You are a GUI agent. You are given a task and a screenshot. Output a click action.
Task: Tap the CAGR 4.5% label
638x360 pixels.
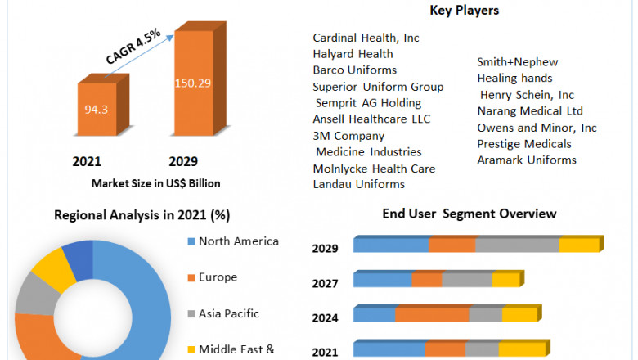click(x=134, y=47)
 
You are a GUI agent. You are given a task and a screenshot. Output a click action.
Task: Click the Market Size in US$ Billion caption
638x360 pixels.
click(x=156, y=183)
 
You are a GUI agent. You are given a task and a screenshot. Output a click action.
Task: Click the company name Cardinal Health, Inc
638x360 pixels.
click(x=366, y=38)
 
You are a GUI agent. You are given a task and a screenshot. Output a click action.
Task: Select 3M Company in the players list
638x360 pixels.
click(x=348, y=136)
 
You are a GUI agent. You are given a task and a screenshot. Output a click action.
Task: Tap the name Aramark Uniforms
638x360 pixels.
click(x=527, y=160)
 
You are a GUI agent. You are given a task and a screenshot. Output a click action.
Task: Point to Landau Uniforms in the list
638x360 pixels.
click(x=358, y=184)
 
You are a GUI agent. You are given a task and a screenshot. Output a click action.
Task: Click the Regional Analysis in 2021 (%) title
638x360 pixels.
click(x=142, y=216)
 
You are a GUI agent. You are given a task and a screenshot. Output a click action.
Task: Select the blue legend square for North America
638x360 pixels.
click(x=191, y=241)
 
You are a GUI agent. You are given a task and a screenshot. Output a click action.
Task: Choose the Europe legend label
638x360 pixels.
click(x=217, y=277)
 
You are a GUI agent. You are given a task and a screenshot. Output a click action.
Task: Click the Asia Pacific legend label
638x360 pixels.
click(x=228, y=313)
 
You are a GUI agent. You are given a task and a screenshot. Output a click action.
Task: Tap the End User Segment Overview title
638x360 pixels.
click(x=470, y=214)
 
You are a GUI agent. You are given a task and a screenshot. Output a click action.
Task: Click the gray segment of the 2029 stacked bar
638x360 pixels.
click(x=517, y=245)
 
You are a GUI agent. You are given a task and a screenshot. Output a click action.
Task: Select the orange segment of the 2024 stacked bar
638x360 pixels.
click(x=432, y=315)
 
